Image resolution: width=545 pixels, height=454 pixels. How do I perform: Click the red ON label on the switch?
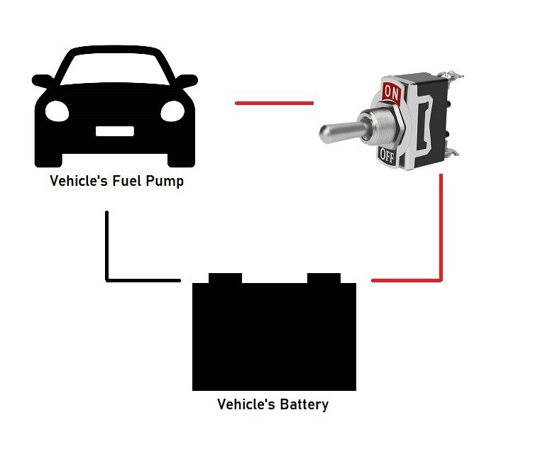click(392, 92)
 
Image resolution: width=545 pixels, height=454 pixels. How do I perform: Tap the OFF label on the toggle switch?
click(387, 156)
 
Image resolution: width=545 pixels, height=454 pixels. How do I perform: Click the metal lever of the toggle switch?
click(342, 131)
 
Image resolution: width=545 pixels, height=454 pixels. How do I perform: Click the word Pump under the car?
click(165, 182)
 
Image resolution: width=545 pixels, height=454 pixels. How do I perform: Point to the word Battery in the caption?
click(304, 404)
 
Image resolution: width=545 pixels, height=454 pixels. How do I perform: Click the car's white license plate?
click(115, 131)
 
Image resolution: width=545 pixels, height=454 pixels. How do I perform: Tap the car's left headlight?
click(57, 111)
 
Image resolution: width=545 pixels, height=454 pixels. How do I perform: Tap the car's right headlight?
click(172, 111)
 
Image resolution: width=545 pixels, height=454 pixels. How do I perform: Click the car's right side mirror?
click(187, 82)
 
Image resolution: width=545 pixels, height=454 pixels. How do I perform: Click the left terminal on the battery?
click(225, 278)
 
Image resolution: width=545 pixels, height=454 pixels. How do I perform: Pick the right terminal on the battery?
click(324, 278)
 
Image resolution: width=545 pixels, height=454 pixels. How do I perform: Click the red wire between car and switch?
click(274, 103)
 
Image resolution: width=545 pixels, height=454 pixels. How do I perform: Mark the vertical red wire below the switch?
click(441, 227)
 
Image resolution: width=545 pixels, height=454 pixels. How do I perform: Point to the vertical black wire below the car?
click(107, 245)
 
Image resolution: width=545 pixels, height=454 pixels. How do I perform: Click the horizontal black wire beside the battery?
click(143, 280)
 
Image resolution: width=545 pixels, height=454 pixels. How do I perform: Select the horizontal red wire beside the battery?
click(407, 280)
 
